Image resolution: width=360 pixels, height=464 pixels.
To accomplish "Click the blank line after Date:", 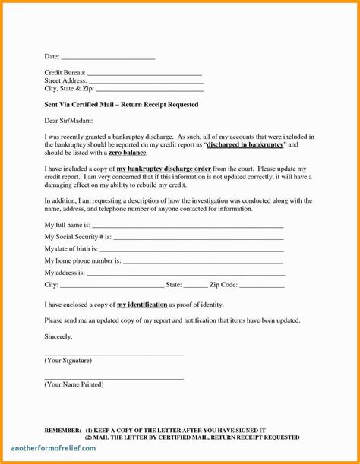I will point(107,58).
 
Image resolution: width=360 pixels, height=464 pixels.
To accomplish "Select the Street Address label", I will point(65,80).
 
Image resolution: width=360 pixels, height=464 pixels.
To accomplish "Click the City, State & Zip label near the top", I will point(70,88).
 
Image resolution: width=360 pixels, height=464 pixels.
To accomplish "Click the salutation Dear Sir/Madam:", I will point(67,121).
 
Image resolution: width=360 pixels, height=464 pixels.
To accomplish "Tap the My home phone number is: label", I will point(83,260).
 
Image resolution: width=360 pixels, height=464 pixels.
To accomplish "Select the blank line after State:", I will point(194,286).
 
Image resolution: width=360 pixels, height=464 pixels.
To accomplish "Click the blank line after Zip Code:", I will point(262,286).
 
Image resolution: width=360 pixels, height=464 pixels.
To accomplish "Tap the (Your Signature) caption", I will point(68,360).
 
